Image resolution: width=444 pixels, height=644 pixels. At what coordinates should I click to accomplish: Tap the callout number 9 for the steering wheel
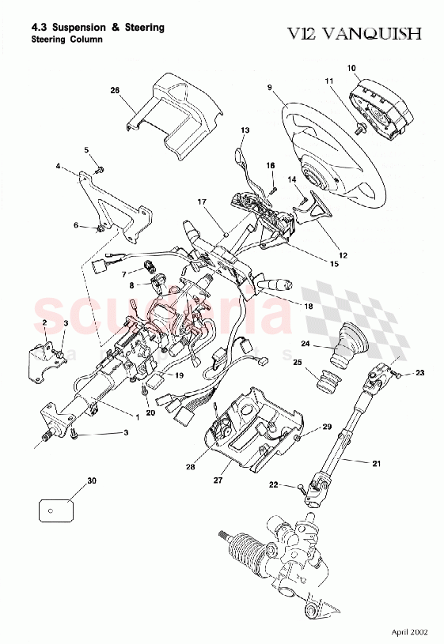(x=269, y=89)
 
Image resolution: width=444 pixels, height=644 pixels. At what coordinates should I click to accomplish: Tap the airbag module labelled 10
(x=383, y=102)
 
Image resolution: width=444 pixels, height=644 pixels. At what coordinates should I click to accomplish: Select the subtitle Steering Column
(x=66, y=40)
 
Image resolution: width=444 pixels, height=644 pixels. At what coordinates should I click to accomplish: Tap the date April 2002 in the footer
(x=411, y=632)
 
